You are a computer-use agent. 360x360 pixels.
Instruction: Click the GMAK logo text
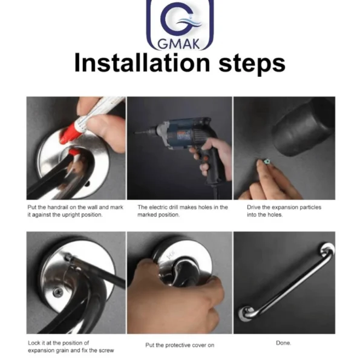[x=179, y=44]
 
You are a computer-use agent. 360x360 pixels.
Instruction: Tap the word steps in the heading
[x=252, y=64]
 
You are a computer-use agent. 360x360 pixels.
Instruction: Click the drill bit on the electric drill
[x=142, y=132]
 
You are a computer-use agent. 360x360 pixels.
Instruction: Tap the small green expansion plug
[x=267, y=161]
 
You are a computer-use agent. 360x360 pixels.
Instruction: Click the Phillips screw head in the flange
[x=57, y=292]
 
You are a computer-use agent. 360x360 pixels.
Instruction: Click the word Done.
[x=283, y=343]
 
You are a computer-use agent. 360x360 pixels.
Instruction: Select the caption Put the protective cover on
[x=180, y=345]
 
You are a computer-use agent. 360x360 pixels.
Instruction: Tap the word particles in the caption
[x=309, y=208]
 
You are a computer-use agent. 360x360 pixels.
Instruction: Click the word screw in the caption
[x=106, y=350]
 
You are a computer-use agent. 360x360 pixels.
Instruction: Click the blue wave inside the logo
[x=189, y=23]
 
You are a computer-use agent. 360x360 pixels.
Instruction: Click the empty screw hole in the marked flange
[x=88, y=183]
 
